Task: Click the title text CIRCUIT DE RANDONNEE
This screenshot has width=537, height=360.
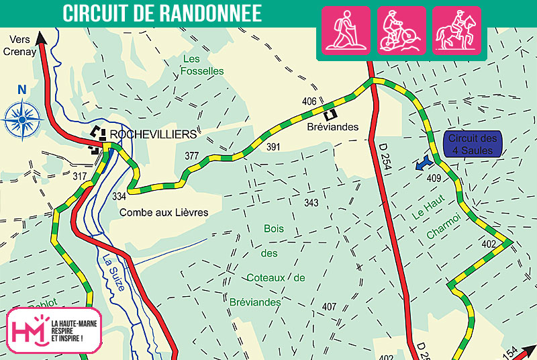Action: pos(162,13)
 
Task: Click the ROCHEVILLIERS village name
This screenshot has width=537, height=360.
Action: pos(153,134)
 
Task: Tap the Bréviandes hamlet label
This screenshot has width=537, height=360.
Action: pos(333,126)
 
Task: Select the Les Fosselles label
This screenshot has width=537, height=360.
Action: pos(203,64)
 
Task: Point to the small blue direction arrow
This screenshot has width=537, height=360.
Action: pos(423,163)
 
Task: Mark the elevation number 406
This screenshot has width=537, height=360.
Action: pos(309,101)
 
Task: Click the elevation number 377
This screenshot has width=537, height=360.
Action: pos(192,156)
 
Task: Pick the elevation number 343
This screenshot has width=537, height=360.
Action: pos(311,203)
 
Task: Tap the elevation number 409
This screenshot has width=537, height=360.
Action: pos(434,178)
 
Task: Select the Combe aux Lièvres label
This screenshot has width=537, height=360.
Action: pos(164,212)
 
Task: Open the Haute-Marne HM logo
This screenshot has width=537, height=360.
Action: pos(54,330)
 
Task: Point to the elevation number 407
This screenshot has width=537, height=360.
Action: pos(329,307)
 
